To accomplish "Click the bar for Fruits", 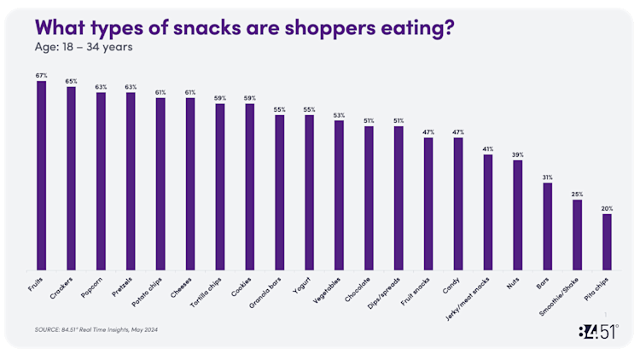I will tap(41, 175).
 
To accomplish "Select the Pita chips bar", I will tap(607, 241).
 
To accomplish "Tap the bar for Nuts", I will tap(517, 214).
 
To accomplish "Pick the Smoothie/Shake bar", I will tap(577, 235).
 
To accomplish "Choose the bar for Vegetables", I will tap(339, 195).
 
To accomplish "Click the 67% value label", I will tap(41, 75).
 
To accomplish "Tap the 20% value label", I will tap(607, 208).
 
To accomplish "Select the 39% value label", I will tap(517, 154).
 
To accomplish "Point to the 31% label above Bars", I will tap(547, 177).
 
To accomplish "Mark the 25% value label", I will tap(577, 195).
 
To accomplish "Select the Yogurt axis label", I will tap(304, 282).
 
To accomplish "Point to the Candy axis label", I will tap(453, 281).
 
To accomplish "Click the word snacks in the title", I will tap(216, 27).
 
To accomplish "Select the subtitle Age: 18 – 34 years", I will tap(84, 46).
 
